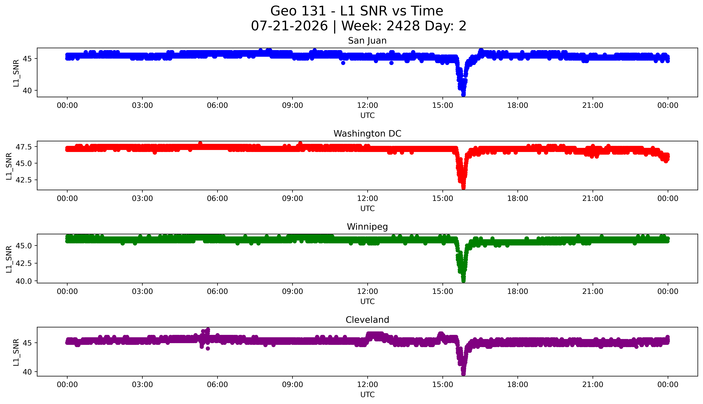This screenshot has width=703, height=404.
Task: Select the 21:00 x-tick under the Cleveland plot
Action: point(593,385)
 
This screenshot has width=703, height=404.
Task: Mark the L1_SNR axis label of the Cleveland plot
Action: point(16,352)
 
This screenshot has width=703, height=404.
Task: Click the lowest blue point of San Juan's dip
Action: point(463,95)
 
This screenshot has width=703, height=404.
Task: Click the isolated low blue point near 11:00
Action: point(343,63)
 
